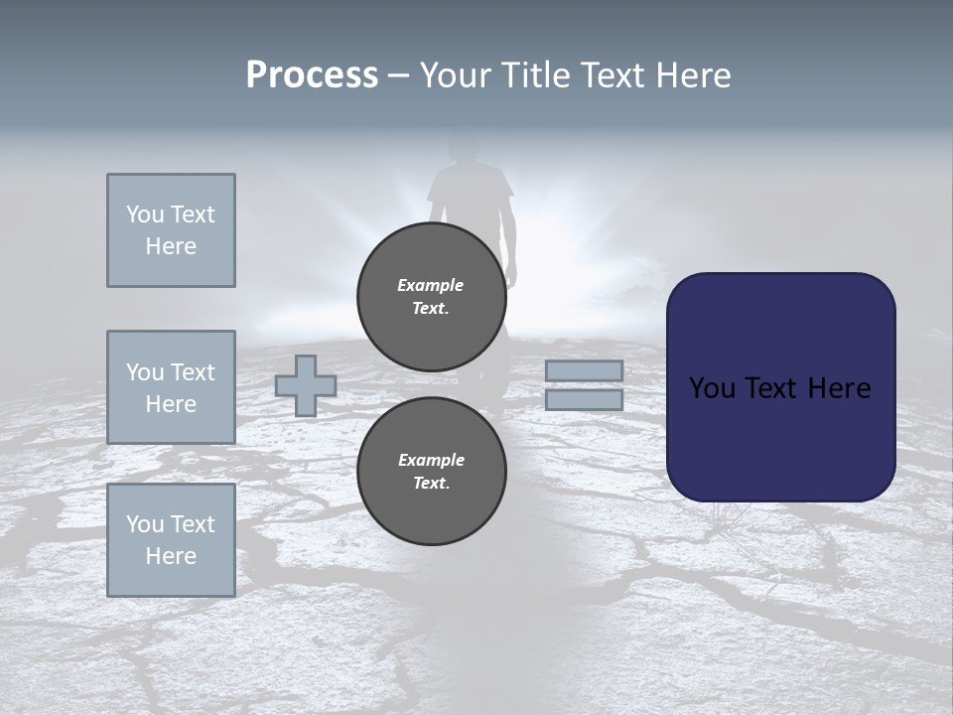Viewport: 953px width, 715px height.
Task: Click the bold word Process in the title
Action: (312, 75)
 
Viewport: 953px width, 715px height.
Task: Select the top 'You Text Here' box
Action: (171, 230)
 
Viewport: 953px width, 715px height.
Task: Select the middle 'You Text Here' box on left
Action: (171, 387)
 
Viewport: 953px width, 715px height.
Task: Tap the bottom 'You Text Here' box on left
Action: (171, 540)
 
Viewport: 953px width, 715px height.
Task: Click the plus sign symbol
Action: (306, 385)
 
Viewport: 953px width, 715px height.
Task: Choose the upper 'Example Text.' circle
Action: (431, 297)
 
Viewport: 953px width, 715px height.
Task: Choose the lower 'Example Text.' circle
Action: (431, 472)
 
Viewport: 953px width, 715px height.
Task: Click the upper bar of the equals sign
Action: (584, 371)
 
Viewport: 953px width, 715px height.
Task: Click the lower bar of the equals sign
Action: (584, 399)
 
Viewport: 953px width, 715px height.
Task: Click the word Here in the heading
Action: (691, 75)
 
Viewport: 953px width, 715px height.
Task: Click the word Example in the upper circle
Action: (431, 285)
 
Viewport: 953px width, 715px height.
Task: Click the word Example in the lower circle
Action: (431, 460)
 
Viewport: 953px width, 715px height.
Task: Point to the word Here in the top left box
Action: (171, 246)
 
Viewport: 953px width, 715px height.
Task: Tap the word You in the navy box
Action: (711, 388)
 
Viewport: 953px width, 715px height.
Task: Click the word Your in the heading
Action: (453, 75)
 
